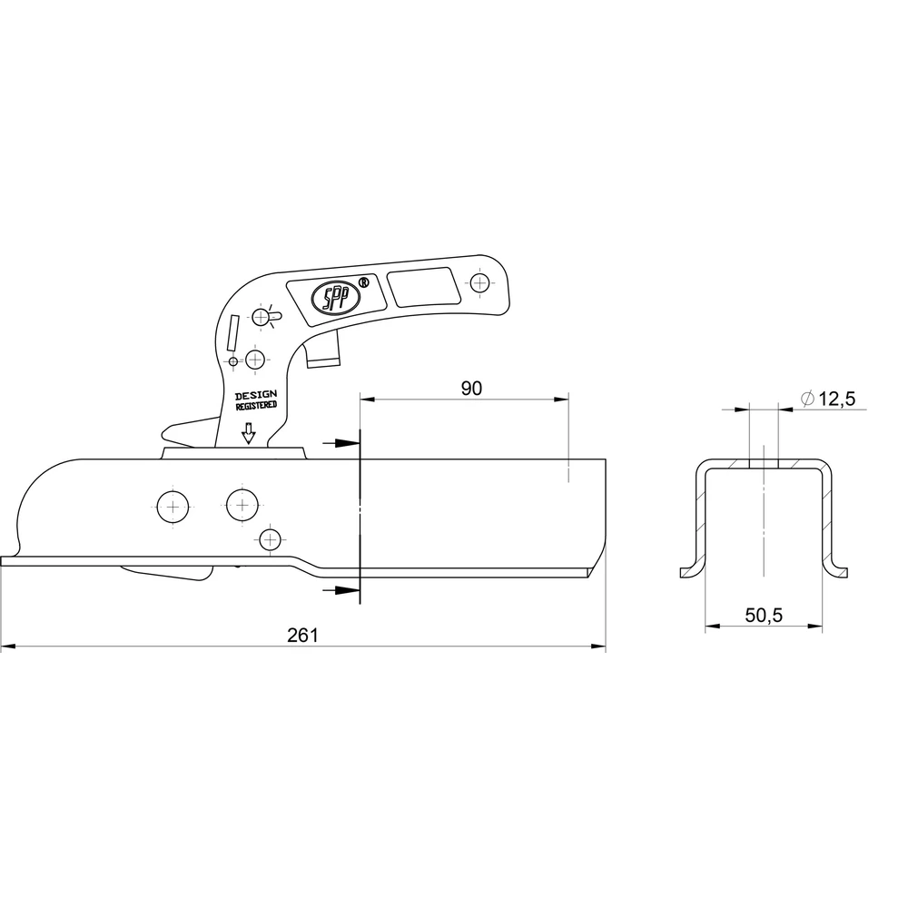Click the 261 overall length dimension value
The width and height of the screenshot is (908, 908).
(x=303, y=636)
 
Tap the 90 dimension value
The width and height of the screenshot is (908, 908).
(x=471, y=388)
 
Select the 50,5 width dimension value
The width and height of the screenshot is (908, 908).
(x=764, y=615)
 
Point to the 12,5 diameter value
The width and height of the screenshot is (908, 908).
(x=837, y=399)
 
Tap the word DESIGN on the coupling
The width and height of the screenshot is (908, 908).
(x=255, y=396)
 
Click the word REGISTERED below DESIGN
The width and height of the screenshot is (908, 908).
(x=256, y=406)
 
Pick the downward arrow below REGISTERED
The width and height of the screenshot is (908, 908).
(x=249, y=433)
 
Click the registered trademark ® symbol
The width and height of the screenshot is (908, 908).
(x=364, y=282)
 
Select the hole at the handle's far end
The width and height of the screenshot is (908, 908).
(x=479, y=283)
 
